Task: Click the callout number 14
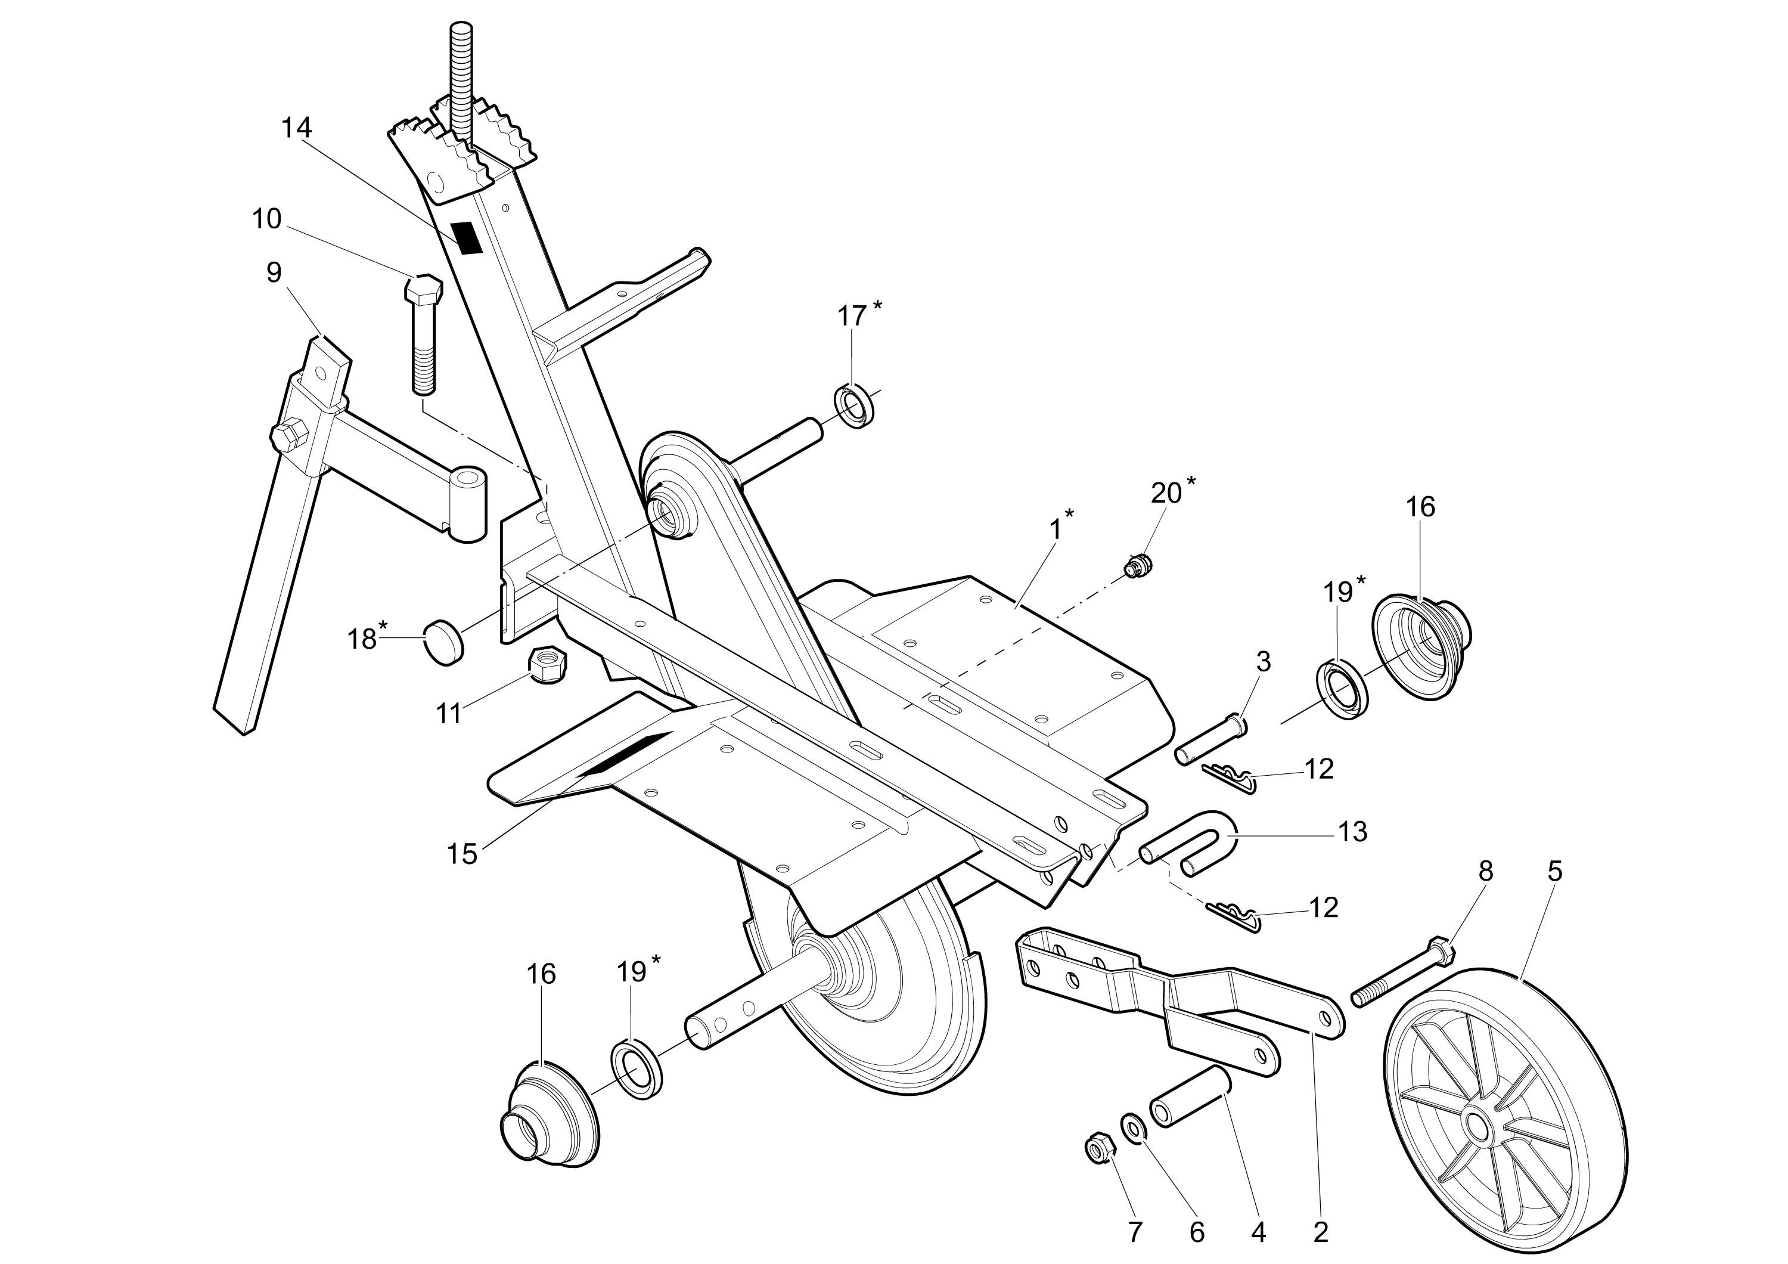[x=296, y=128]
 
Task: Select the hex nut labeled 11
[x=548, y=664]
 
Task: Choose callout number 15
[x=462, y=854]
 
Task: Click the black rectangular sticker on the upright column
[x=467, y=237]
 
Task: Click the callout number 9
[x=274, y=272]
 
